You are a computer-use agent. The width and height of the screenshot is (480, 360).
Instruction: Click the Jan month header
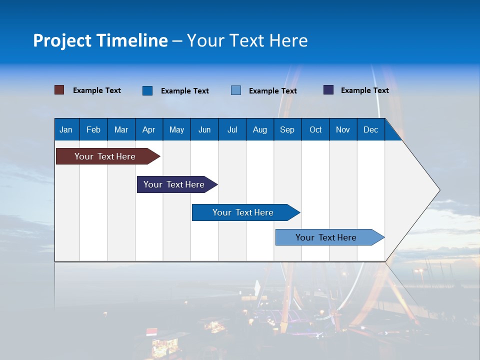tap(66, 129)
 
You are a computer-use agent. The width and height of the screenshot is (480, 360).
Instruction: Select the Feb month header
tap(93, 129)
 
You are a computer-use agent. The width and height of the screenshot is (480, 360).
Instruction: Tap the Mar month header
tap(121, 129)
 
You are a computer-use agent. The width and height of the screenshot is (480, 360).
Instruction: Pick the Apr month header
tap(149, 129)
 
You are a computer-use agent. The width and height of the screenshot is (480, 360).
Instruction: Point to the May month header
tap(176, 129)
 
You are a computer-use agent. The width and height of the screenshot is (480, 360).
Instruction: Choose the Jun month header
tap(204, 129)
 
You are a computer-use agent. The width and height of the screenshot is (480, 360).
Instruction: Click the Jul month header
tap(232, 129)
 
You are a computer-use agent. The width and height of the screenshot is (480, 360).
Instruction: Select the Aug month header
tap(260, 129)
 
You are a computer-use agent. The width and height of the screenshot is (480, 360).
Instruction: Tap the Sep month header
tap(287, 129)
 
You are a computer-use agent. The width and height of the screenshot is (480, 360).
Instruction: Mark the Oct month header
tap(315, 129)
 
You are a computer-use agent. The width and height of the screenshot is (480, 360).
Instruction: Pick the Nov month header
tap(343, 129)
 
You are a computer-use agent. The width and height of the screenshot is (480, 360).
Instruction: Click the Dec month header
tap(371, 129)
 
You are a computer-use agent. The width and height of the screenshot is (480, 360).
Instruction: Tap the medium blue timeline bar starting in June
tap(243, 212)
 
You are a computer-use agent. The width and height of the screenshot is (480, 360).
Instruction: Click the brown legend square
tap(59, 90)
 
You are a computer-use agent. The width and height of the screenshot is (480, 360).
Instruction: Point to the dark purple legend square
tap(328, 90)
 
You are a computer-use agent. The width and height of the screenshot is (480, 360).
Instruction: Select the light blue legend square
tap(236, 90)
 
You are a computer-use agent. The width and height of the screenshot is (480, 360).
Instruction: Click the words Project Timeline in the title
tap(100, 40)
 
